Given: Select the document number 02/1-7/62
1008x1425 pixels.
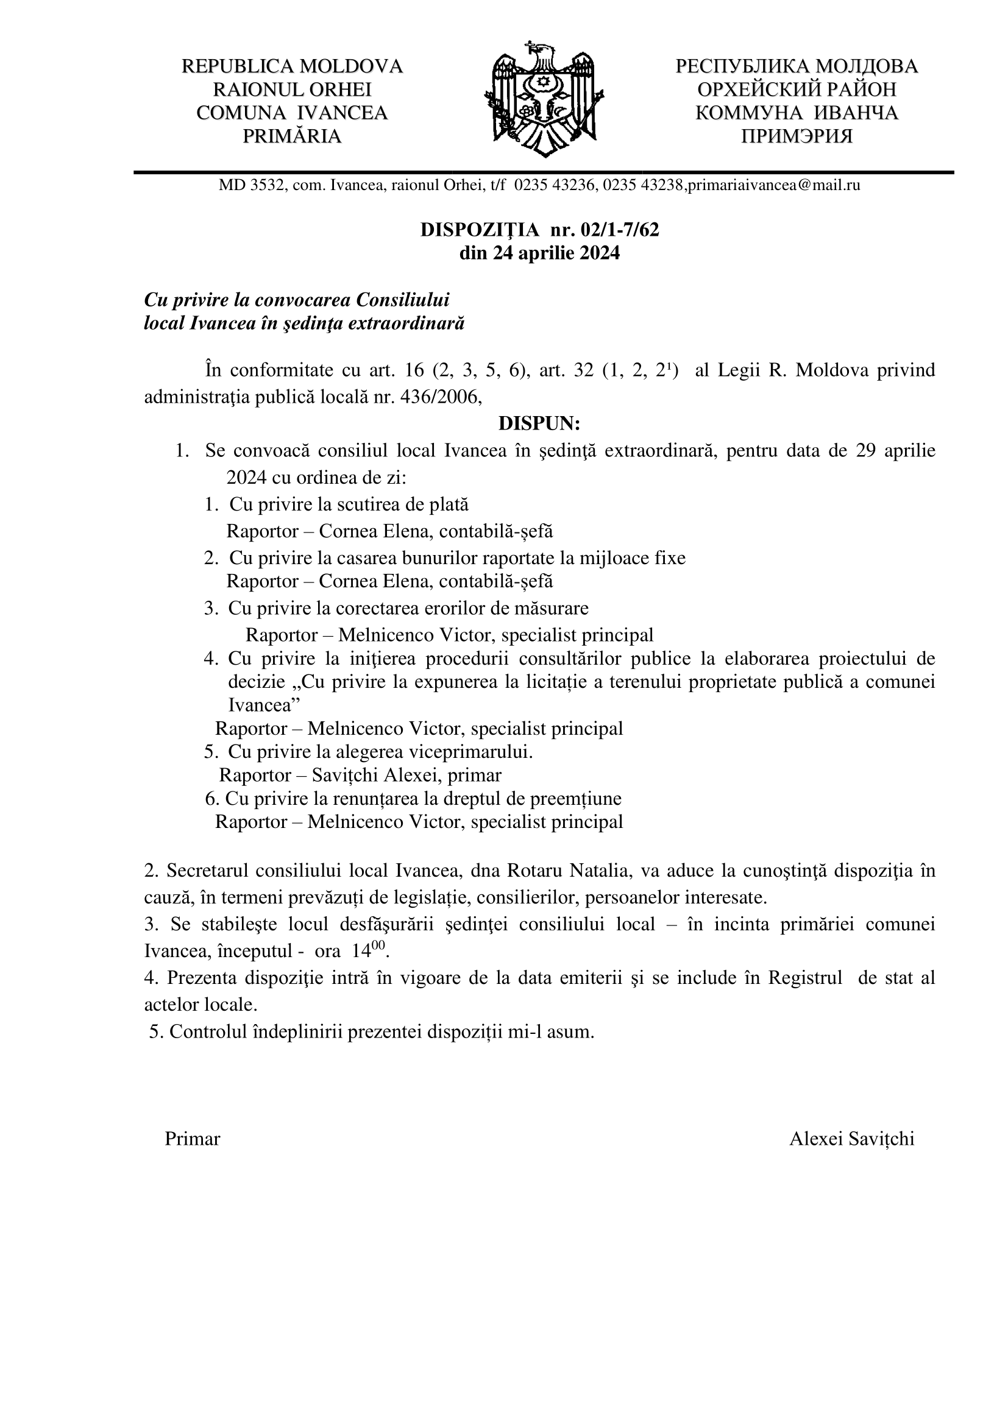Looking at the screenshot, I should point(619,230).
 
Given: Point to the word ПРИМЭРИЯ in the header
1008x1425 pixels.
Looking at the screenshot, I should point(797,136).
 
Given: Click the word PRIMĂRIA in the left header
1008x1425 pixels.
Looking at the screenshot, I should point(292,136).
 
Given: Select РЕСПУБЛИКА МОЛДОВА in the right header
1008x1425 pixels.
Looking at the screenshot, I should point(797,66).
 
